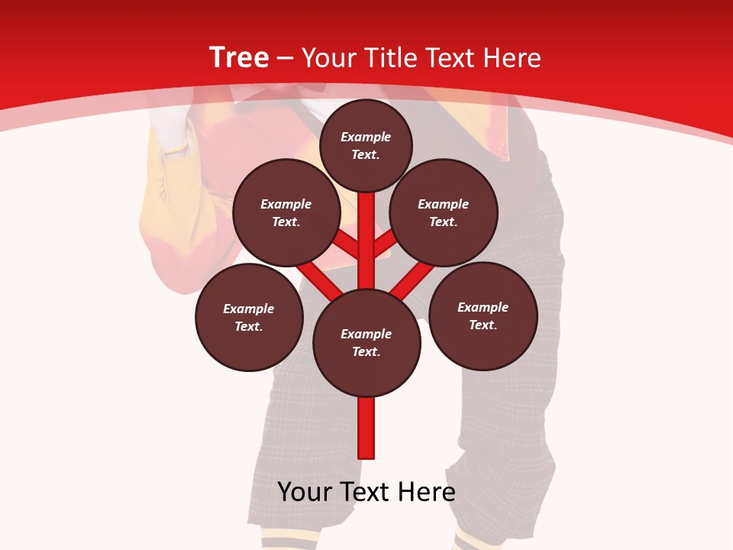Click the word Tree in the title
(239, 58)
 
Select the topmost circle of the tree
(366, 145)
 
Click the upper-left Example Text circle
(286, 212)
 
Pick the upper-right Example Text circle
(444, 212)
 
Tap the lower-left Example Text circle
(249, 317)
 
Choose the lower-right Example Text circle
(483, 315)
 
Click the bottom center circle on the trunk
(366, 342)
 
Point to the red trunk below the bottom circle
(366, 428)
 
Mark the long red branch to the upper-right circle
(413, 280)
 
